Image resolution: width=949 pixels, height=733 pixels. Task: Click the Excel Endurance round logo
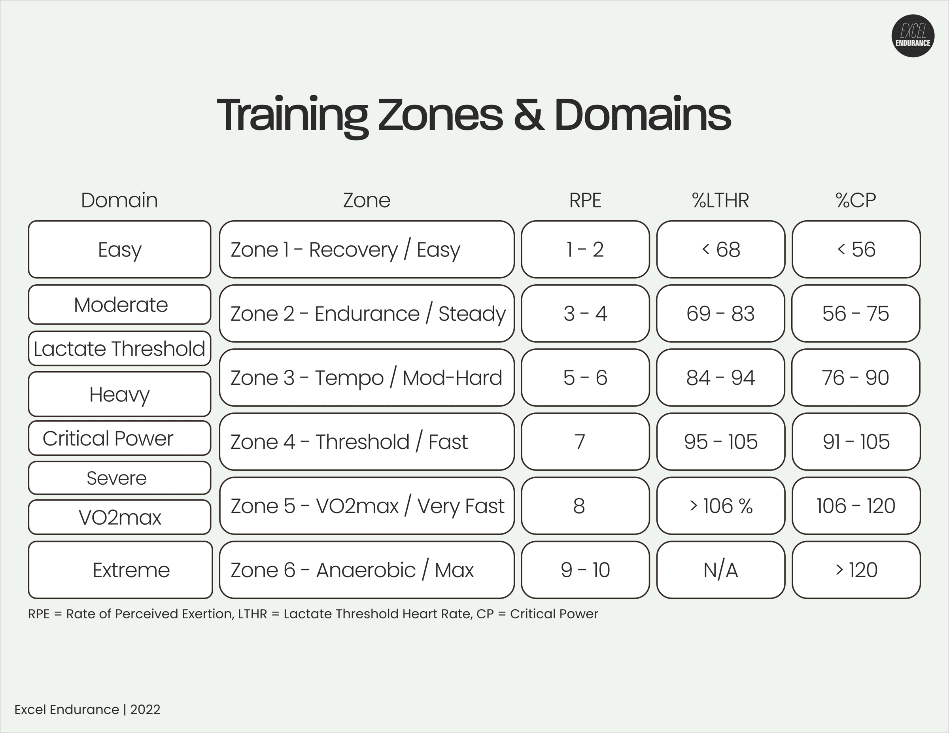913,36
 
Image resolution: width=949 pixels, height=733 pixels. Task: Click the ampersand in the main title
529,115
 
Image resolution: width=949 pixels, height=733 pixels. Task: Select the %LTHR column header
720,200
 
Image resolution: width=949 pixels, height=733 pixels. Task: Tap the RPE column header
585,200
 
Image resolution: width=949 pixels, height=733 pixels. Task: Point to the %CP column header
856,200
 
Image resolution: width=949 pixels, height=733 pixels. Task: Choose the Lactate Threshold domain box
119,348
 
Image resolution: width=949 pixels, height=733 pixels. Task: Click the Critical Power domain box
119,438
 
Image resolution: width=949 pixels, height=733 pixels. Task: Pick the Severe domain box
119,478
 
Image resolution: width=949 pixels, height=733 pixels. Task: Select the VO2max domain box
119,517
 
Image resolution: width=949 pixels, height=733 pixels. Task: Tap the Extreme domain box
120,570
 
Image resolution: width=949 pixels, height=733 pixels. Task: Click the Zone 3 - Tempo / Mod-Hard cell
367,378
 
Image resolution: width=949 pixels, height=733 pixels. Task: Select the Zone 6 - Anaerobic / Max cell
367,570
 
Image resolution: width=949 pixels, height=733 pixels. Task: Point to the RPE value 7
580,442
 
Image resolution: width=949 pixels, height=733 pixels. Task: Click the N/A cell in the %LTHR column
720,570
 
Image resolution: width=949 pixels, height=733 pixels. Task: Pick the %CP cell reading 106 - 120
856,506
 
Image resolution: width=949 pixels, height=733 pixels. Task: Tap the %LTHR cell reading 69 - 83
720,313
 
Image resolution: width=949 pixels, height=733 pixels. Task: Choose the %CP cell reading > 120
856,570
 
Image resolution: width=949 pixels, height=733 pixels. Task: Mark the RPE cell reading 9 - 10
585,570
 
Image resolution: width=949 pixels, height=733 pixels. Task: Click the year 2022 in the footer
145,710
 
